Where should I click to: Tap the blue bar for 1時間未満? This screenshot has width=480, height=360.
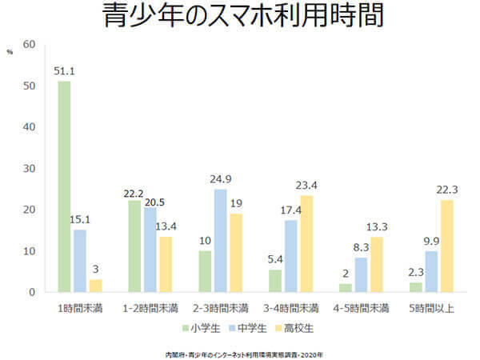coord(79,261)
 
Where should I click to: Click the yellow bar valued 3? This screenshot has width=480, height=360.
coord(95,286)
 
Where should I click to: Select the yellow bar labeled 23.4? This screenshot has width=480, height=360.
coord(306,243)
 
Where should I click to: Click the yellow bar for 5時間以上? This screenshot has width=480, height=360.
coord(446,246)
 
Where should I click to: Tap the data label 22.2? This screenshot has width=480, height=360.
coord(134,194)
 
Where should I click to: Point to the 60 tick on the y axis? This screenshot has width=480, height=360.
coord(30,44)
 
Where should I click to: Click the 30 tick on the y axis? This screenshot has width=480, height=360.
coord(30,168)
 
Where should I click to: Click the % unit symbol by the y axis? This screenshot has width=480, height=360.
coord(10,51)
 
